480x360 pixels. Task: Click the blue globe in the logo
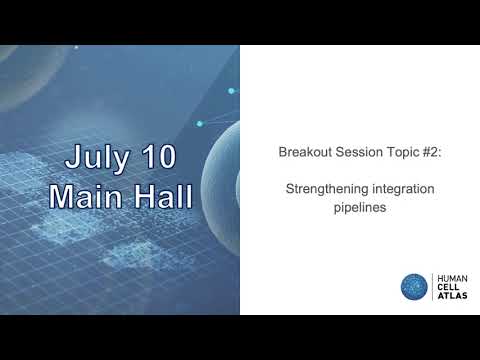(413, 286)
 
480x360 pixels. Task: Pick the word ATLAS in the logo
(451, 296)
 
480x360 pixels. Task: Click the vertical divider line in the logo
(432, 287)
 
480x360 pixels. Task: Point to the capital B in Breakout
(282, 153)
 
